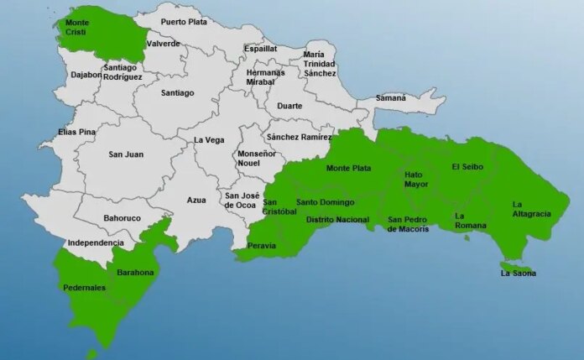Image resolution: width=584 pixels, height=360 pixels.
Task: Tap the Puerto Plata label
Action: point(185,22)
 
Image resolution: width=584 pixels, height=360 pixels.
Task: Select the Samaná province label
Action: point(389,98)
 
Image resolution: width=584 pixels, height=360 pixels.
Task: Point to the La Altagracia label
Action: point(531,209)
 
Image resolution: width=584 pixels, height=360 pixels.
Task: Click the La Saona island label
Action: point(518,274)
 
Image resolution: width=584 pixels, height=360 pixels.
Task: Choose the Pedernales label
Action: point(84,288)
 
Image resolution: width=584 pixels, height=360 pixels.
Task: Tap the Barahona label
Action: point(135,273)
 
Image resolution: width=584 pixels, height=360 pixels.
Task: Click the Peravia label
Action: point(262,246)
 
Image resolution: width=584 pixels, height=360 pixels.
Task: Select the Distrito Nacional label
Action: point(337,220)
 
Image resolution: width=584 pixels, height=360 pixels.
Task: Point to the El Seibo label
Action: point(468,166)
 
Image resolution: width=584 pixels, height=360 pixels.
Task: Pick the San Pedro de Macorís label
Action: point(408,224)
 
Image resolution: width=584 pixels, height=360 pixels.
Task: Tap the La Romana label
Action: point(470,221)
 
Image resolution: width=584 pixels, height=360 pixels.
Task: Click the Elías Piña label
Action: point(76,133)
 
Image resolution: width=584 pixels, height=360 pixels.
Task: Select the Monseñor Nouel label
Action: point(257,159)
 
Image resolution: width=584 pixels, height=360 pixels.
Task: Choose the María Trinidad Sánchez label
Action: point(320,64)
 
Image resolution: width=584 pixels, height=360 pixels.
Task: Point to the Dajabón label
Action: point(85,75)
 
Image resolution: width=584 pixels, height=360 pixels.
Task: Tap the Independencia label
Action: point(96,243)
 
